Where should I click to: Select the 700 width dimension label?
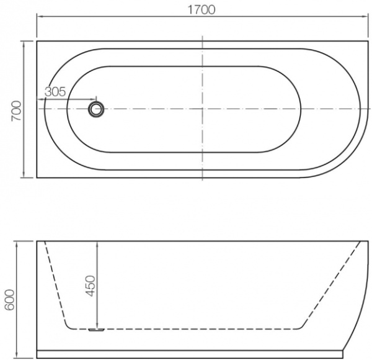[x=17, y=109]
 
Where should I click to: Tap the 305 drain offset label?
[x=55, y=91]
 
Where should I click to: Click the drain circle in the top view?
[x=96, y=109]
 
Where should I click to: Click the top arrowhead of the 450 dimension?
[x=97, y=244]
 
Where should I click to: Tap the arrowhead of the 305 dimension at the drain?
[x=94, y=99]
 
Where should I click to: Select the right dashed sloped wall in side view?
[x=335, y=286]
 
